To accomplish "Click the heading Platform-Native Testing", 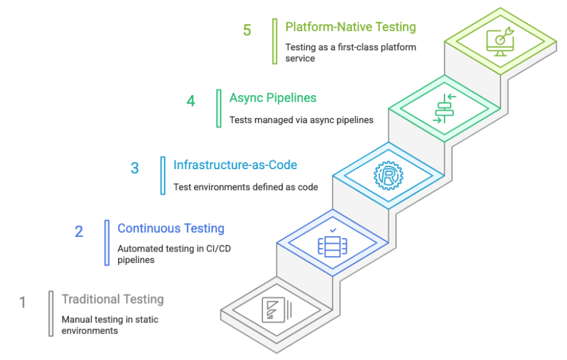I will click(350, 27).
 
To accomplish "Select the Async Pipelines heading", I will click(273, 98).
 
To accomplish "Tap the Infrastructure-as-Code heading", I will click(235, 165).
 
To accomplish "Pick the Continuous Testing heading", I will click(171, 228).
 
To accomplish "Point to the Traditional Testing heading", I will click(113, 299).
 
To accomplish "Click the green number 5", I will click(247, 30).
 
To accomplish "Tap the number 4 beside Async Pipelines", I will click(191, 101).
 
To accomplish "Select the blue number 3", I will click(135, 168).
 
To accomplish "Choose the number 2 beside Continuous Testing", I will click(79, 232).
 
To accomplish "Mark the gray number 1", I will click(23, 302).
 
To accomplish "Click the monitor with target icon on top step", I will click(500, 42).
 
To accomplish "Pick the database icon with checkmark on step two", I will click(333, 243).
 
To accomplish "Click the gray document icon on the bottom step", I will click(276, 310).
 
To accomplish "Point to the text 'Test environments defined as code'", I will click(245, 187).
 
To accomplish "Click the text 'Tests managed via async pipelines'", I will click(301, 120).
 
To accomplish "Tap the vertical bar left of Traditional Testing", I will click(51, 313).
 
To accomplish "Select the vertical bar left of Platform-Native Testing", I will click(275, 41).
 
